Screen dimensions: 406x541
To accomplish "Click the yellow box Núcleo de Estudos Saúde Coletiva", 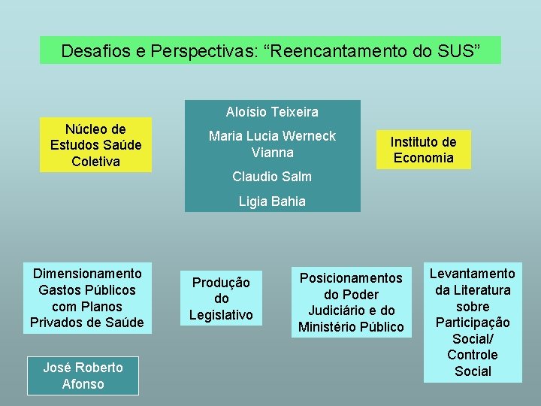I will [95, 145].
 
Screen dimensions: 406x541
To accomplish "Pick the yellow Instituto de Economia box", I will [423, 149].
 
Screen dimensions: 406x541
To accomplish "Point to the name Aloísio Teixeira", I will [272, 112].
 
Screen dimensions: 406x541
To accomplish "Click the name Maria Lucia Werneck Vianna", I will [272, 144].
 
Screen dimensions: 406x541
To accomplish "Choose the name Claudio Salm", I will [272, 177].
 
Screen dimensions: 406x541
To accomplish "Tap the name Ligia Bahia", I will [272, 201].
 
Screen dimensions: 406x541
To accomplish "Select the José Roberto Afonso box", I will [83, 375].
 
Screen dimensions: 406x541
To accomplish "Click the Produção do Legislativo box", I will [221, 298].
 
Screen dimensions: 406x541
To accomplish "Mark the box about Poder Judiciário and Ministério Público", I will [351, 302].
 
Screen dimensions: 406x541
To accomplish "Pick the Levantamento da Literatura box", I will [473, 323].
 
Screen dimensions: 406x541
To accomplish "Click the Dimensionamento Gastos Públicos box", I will [83, 298].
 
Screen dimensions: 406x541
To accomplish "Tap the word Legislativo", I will [221, 314].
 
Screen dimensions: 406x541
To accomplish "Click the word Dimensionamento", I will [83, 274].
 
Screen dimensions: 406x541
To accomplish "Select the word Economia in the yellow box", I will [423, 158].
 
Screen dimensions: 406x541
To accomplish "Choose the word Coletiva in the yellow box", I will [95, 162].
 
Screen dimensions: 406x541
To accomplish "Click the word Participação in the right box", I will [473, 323].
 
